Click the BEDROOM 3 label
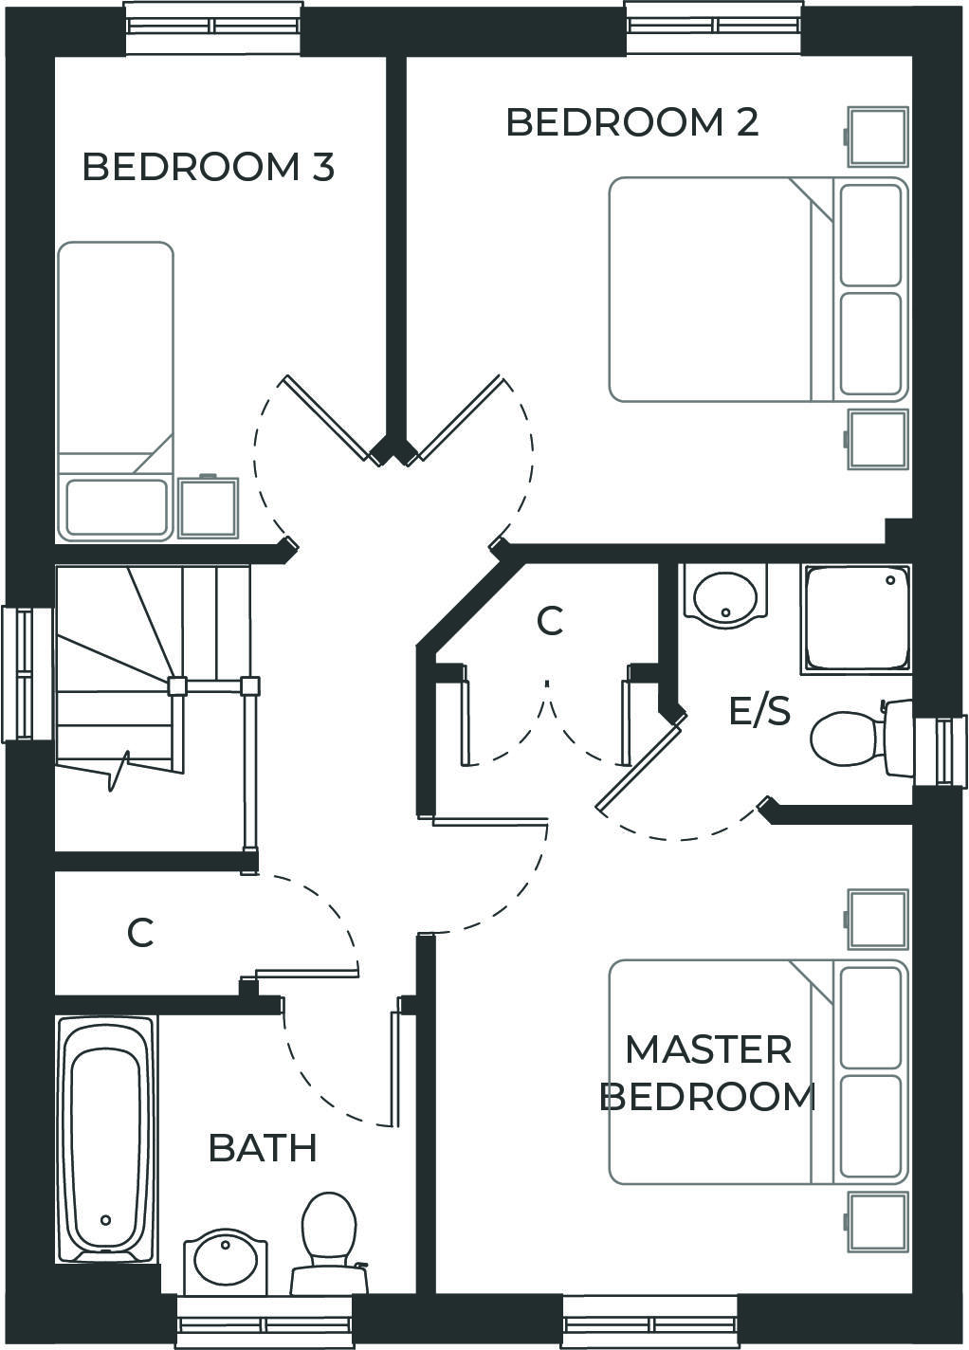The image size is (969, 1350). (208, 167)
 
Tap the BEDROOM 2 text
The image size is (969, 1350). (631, 122)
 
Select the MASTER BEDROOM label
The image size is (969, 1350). (708, 1072)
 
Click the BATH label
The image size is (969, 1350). (262, 1147)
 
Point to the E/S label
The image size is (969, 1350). (759, 710)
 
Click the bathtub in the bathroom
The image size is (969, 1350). (105, 1139)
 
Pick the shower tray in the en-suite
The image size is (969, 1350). (855, 618)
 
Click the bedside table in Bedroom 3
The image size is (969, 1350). (209, 507)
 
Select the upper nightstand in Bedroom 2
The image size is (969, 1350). (877, 137)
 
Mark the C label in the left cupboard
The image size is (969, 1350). (140, 933)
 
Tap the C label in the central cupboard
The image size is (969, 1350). (550, 621)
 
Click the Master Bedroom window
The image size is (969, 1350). (649, 1323)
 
